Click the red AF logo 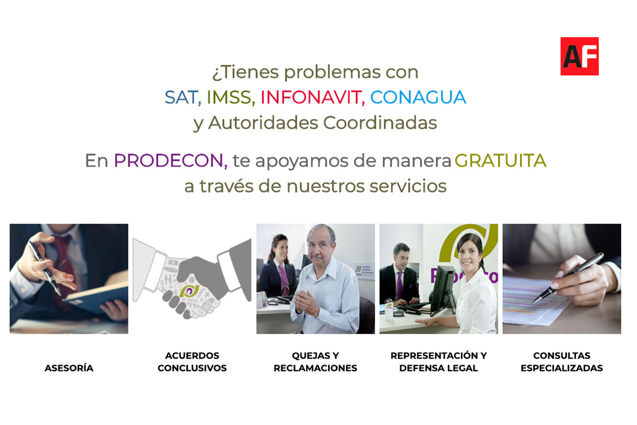click(579, 56)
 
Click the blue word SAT click(181, 97)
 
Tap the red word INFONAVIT click(311, 97)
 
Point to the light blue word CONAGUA click(418, 97)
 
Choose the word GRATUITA click(501, 160)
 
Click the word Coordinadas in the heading click(380, 123)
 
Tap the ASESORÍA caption click(69, 368)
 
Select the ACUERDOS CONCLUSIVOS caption click(192, 362)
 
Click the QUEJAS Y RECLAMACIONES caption click(315, 362)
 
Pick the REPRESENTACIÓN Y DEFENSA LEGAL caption click(438, 362)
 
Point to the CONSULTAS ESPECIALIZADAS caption click(562, 362)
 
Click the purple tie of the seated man click(400, 285)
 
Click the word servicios click(408, 186)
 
